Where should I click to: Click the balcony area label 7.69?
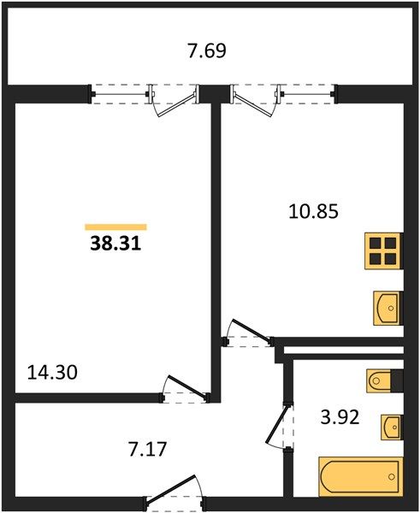[206, 51]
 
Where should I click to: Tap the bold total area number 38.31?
[115, 244]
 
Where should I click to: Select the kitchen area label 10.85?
[313, 211]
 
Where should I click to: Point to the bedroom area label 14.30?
[52, 372]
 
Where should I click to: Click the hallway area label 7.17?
[148, 449]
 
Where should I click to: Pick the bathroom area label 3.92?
[340, 417]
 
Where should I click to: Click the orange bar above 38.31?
[115, 227]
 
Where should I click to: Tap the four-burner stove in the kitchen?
[383, 251]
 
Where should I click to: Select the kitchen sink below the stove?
[387, 308]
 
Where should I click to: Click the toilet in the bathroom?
[379, 380]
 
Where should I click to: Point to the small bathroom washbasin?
[391, 427]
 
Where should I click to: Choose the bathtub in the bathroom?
[360, 477]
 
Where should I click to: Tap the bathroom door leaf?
[278, 424]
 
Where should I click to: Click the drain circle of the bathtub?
[392, 477]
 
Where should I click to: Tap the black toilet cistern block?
[397, 380]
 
